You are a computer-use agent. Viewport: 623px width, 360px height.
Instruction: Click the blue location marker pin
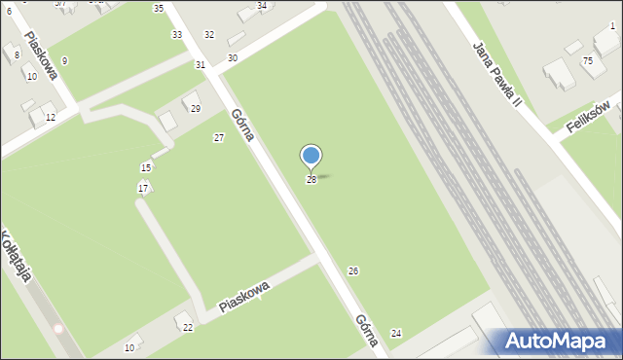(311, 157)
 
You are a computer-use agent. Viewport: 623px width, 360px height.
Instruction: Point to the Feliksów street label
(590, 122)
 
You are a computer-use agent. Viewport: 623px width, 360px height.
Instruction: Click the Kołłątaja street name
(17, 255)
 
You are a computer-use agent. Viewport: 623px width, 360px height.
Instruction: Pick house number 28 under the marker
(311, 180)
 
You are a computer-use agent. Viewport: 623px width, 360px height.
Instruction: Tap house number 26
(353, 270)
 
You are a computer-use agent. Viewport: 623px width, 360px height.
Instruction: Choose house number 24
(396, 334)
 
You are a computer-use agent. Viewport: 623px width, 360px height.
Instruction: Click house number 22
(188, 328)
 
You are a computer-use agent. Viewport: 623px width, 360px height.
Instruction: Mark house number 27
(219, 137)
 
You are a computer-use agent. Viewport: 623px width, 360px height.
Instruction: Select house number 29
(195, 108)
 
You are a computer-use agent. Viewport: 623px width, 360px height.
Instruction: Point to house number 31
(200, 64)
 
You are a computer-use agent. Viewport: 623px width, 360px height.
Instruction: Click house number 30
(232, 58)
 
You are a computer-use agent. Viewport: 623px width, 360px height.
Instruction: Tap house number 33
(176, 35)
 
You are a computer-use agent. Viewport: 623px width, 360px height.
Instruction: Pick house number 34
(261, 6)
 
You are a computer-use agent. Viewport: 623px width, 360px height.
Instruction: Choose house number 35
(159, 8)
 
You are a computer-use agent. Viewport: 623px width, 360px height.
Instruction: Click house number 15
(146, 168)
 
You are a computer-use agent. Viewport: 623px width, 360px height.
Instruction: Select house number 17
(143, 188)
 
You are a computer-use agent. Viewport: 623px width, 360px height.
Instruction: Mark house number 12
(51, 118)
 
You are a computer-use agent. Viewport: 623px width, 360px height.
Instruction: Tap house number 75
(587, 60)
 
